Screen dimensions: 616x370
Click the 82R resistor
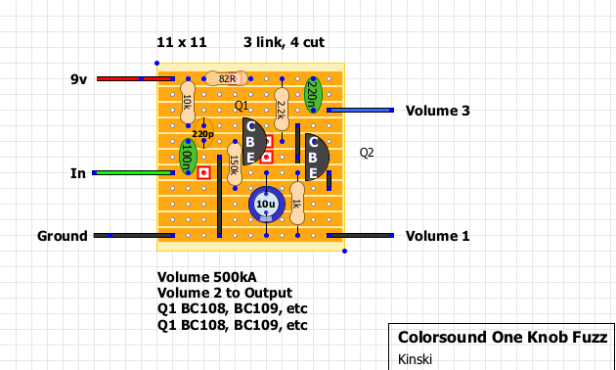coord(227,78)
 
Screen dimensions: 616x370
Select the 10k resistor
coord(188,102)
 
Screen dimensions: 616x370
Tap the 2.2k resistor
coord(282,110)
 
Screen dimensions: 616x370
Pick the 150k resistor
coord(235,164)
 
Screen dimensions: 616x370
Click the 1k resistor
coord(297,204)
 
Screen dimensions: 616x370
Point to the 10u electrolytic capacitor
coord(266,204)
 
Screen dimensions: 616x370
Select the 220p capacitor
coord(203,134)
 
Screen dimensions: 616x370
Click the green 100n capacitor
coord(188,157)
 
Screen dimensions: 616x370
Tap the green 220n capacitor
coord(313,94)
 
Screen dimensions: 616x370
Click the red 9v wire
coord(134,78)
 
